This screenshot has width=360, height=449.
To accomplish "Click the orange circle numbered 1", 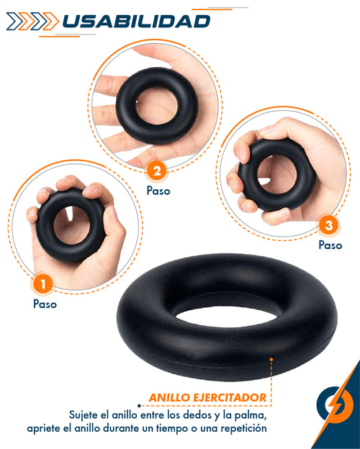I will (x=43, y=284).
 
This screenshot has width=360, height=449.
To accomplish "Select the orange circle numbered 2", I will (x=156, y=171).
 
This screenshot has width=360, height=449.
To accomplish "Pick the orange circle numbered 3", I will (x=329, y=226).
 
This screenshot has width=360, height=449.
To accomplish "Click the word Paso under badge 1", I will (x=45, y=304).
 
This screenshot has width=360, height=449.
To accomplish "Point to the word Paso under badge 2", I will (x=158, y=191).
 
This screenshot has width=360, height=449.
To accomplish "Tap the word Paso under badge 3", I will (x=330, y=245).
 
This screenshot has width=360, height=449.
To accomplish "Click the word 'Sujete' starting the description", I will (x=86, y=414).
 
